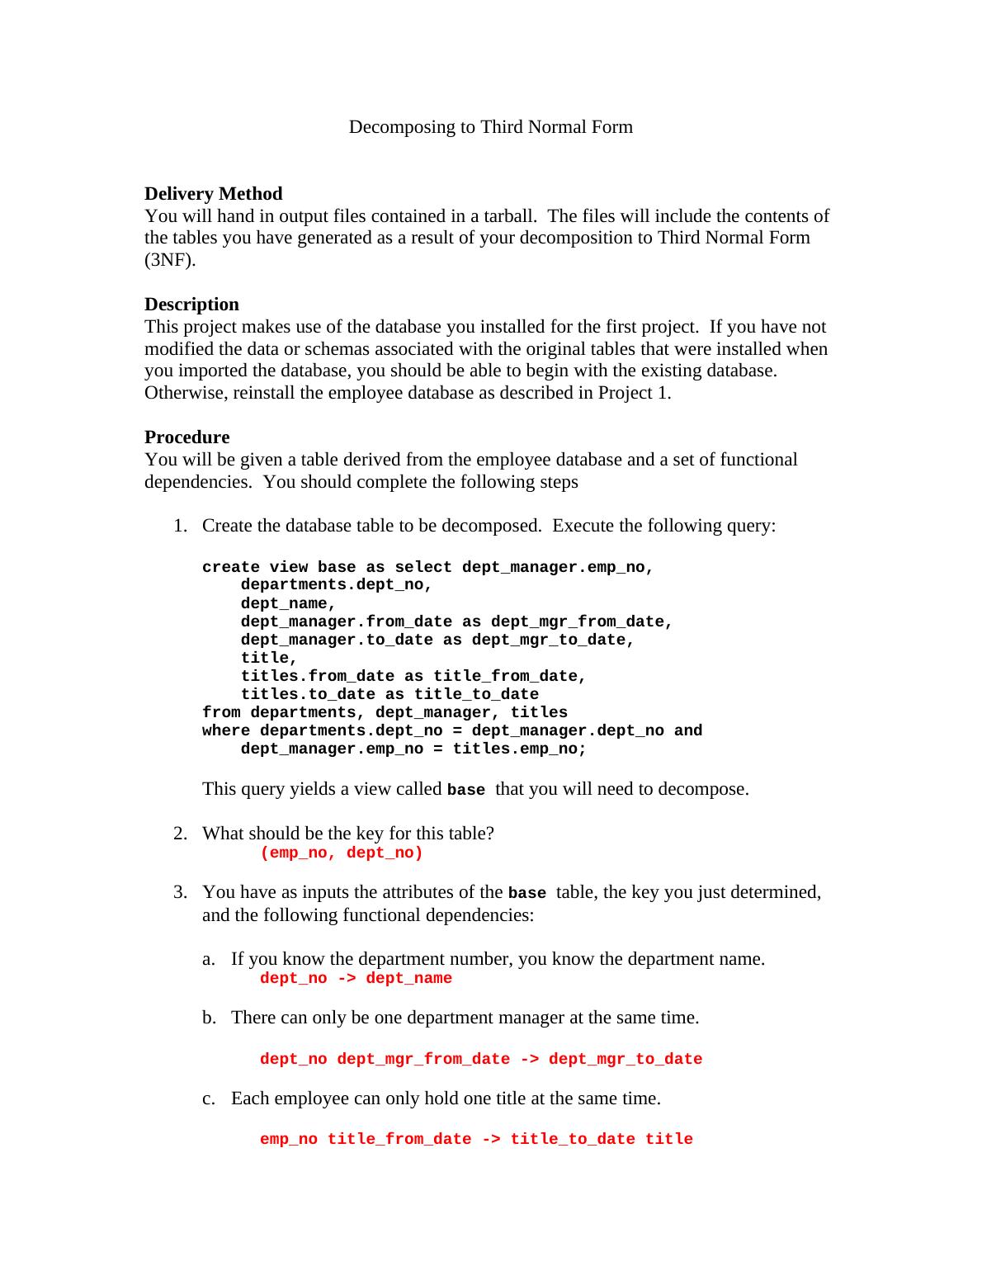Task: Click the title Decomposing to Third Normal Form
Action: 490,127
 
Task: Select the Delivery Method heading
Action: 213,193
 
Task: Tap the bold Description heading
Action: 191,304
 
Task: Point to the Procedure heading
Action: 186,437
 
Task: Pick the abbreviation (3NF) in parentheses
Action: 170,260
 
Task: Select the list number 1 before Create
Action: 179,526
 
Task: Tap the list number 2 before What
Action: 179,834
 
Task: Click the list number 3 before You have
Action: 179,892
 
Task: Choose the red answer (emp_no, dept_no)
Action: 341,853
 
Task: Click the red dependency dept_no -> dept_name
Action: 356,979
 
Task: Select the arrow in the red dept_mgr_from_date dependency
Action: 529,1060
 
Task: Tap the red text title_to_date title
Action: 601,1140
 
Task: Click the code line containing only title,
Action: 269,659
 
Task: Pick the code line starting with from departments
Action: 385,713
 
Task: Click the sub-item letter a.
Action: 208,959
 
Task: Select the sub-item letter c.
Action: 208,1099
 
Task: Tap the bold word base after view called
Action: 465,791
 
